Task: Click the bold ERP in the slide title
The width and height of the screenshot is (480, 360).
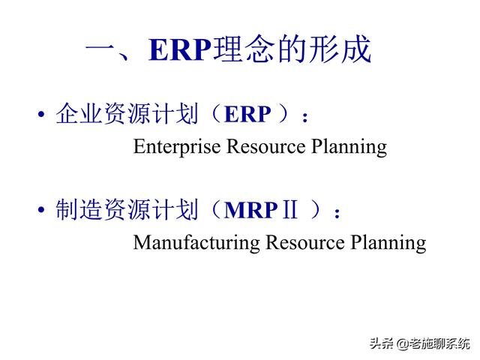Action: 180,50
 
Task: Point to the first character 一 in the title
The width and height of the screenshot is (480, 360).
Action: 101,51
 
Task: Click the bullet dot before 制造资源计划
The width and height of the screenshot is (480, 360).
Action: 40,211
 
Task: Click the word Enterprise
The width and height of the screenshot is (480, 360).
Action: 176,145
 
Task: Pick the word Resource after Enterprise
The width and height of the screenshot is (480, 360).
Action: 265,145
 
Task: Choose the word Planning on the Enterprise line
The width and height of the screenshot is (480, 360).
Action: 349,147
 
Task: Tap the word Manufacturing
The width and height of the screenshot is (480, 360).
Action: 196,243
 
